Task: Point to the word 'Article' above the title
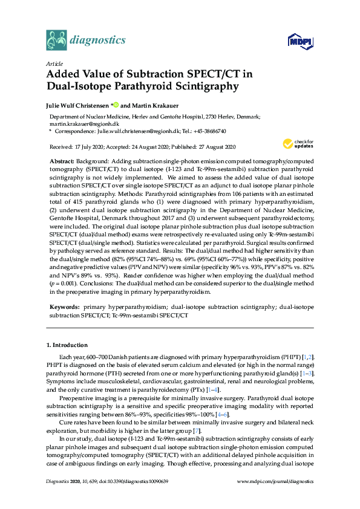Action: click(x=54, y=63)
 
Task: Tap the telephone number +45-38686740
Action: click(x=208, y=130)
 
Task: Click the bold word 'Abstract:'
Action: click(x=61, y=163)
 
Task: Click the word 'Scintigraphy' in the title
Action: click(x=205, y=86)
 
